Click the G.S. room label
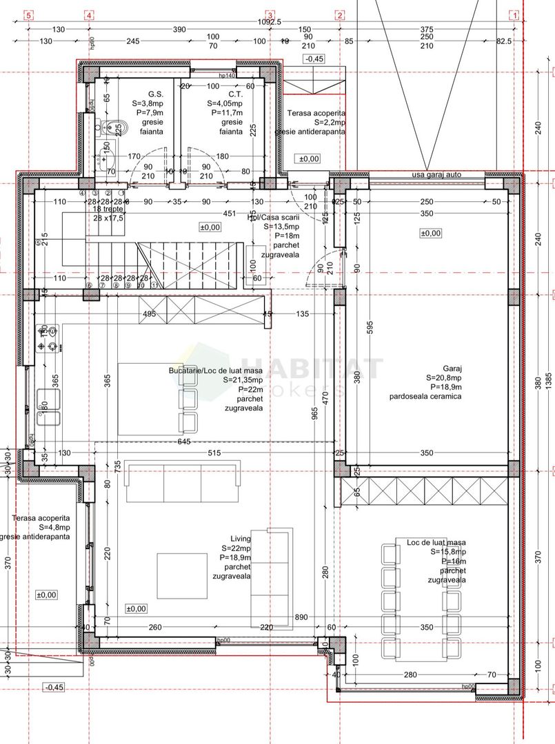154,94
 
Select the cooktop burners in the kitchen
48,337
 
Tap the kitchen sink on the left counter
47,409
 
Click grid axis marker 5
27,16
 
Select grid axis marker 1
514,16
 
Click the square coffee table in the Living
183,577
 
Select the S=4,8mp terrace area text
41,527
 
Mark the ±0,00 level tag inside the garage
430,234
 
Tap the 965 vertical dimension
314,413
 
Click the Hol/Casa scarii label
274,218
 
